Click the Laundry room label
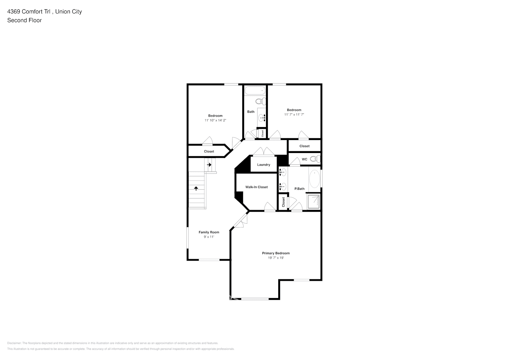[263, 165]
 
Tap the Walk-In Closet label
[256, 187]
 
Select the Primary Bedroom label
[276, 253]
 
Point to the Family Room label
[209, 233]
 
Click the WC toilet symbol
[315, 159]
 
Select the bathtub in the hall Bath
[254, 90]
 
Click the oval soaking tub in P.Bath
[314, 179]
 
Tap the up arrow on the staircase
[196, 188]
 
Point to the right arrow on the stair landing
[209, 165]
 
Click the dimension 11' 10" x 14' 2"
[215, 120]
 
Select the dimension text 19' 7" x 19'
[276, 258]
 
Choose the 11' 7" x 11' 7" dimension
[294, 114]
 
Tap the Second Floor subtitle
[24, 20]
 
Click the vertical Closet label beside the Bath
[263, 133]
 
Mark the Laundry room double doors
[263, 152]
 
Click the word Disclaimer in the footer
[14, 343]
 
